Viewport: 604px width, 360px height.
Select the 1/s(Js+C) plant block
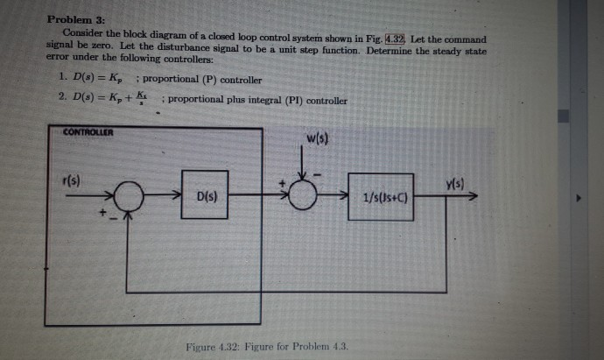tap(381, 198)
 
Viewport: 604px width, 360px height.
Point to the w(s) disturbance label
tap(317, 141)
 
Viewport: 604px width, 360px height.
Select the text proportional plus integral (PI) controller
tap(257, 100)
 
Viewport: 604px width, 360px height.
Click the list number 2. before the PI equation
tap(60, 100)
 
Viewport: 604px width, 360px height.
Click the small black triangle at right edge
tap(577, 199)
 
